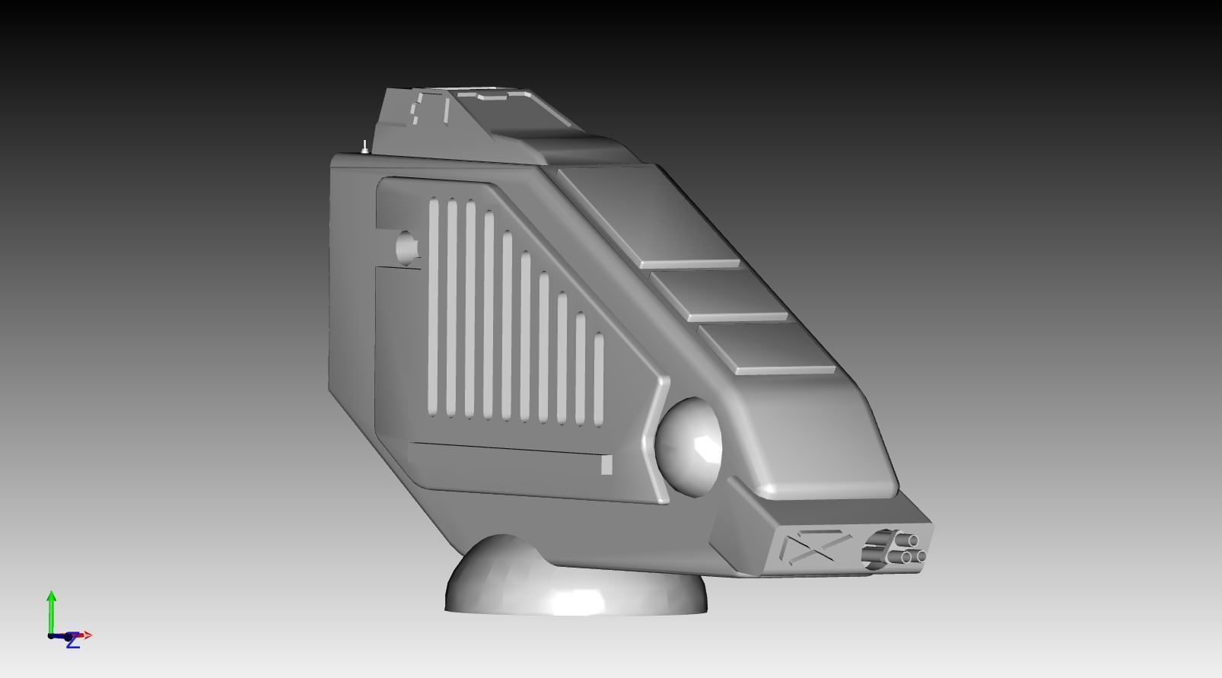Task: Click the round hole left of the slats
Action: [x=408, y=245]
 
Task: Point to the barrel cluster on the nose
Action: [x=894, y=547]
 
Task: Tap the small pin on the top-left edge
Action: [x=365, y=146]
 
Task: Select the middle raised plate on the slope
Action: [x=719, y=294]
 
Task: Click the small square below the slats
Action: [x=606, y=464]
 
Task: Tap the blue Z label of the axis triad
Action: [x=72, y=643]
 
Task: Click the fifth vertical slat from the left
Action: [x=507, y=326]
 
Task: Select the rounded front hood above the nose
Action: [x=822, y=449]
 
